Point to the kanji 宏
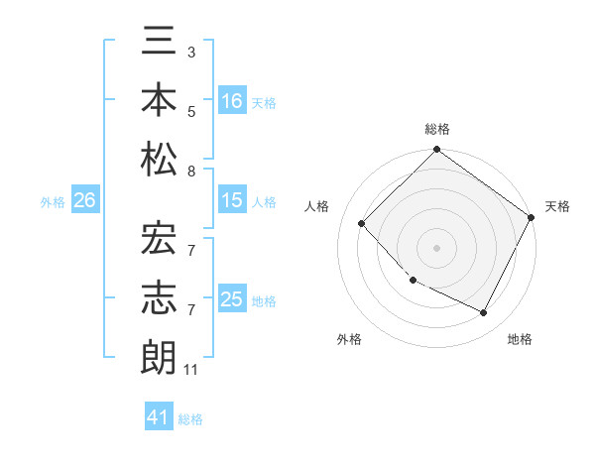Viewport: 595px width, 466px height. tap(159, 238)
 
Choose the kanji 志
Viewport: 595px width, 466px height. tap(159, 296)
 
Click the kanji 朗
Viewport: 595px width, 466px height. tap(159, 355)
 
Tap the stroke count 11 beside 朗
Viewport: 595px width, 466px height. tap(191, 370)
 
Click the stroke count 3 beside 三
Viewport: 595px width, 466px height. tap(190, 51)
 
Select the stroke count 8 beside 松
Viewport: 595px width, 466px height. tap(190, 171)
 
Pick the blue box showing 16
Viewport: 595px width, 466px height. tap(232, 100)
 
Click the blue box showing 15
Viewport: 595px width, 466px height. tap(232, 201)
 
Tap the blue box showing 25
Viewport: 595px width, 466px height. tap(232, 299)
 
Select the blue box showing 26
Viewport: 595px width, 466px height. tap(84, 201)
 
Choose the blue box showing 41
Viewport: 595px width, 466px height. tap(159, 417)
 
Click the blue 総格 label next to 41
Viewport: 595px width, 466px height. tap(190, 419)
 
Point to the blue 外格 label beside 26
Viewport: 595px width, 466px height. tap(53, 202)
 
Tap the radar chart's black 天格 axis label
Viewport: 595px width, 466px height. tap(557, 206)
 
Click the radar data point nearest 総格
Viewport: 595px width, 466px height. tap(436, 151)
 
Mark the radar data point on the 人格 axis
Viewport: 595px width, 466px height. tap(362, 224)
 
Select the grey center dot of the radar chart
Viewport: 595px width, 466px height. tap(436, 248)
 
